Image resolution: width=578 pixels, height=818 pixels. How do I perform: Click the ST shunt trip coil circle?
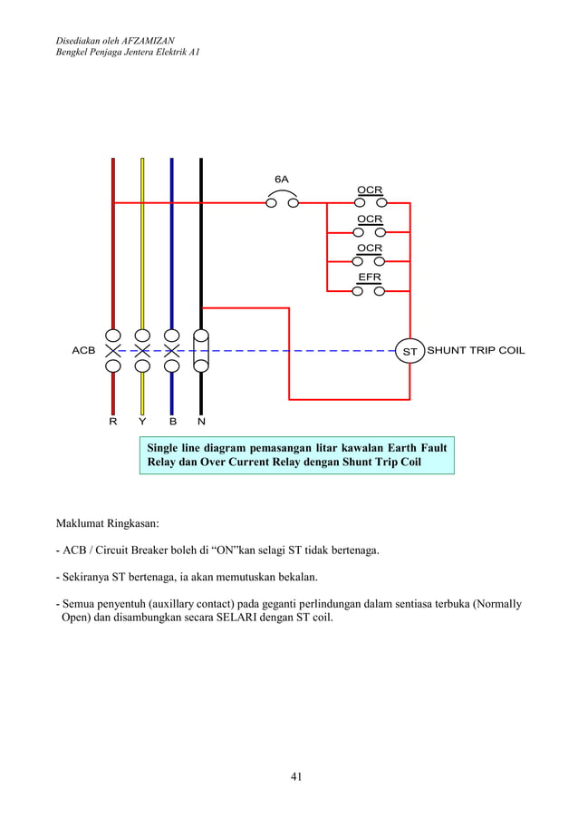click(409, 350)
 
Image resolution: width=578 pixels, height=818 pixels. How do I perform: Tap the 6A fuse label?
click(282, 179)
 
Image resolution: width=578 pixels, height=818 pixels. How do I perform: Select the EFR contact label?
click(369, 277)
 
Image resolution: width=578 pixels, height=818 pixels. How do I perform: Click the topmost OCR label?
click(369, 190)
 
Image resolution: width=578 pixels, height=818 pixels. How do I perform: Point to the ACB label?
click(84, 350)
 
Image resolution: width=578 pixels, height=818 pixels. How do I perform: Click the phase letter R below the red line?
click(113, 422)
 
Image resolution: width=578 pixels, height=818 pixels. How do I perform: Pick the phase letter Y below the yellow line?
click(142, 422)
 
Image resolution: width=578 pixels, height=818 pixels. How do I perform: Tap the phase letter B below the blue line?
click(171, 422)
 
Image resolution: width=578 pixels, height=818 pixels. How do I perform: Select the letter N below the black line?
click(201, 422)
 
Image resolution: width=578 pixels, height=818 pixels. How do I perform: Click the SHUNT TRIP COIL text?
click(476, 350)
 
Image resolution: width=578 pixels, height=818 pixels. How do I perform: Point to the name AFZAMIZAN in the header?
click(149, 41)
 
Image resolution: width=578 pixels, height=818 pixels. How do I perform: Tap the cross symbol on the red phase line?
click(113, 350)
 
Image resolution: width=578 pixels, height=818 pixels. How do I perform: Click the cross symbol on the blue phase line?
click(171, 350)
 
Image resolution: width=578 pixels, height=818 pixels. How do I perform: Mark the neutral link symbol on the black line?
click(201, 350)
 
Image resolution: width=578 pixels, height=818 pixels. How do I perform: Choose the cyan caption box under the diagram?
click(296, 455)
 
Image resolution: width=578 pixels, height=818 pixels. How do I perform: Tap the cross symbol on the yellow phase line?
click(142, 350)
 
